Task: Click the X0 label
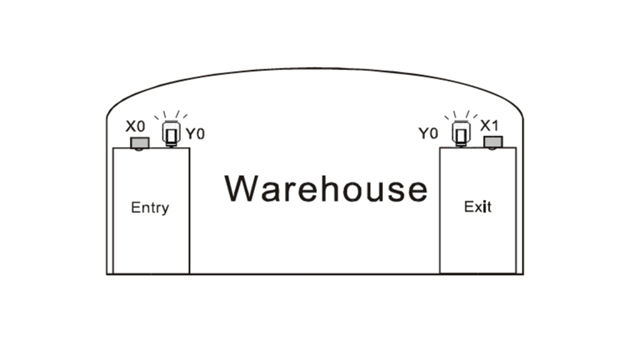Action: tap(135, 126)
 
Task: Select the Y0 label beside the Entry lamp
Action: tap(195, 133)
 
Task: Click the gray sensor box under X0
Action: tap(139, 144)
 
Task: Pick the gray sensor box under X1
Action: tap(493, 142)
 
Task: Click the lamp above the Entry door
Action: tap(169, 133)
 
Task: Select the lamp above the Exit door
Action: tap(461, 133)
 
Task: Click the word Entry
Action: tap(150, 207)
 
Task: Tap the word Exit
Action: tap(477, 206)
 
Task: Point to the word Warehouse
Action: tap(326, 188)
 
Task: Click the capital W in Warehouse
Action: tap(241, 187)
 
